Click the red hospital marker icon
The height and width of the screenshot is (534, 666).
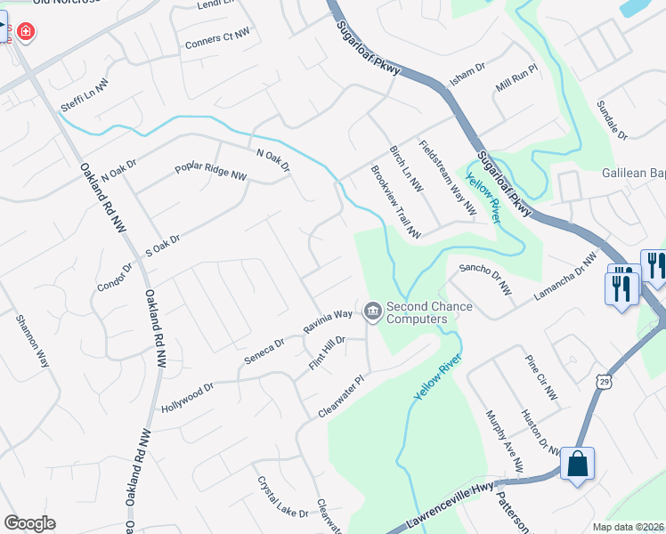point(26,32)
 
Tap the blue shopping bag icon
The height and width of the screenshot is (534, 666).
point(577,464)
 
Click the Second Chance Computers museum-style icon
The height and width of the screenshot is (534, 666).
point(372,311)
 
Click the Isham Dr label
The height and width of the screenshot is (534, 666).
point(467,74)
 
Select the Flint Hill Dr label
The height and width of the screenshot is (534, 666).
point(327,353)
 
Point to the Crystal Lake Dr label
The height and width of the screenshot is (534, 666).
point(283,498)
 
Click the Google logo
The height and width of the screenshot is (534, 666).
point(29,523)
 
